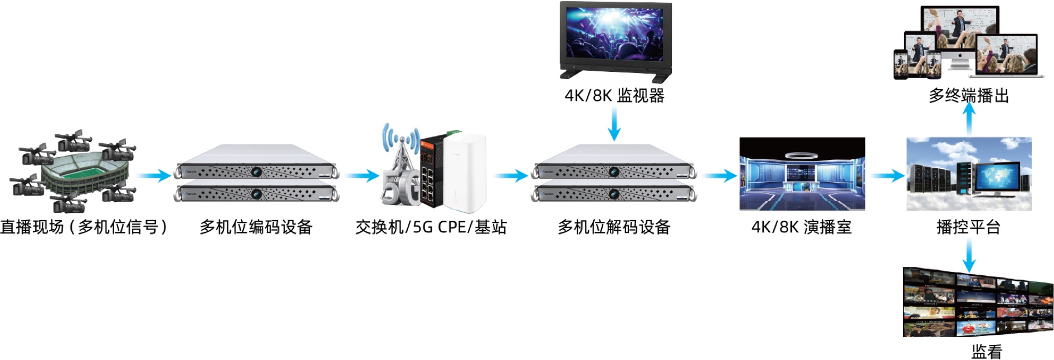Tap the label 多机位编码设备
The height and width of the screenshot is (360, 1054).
[x=256, y=227]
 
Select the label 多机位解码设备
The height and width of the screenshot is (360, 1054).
[x=614, y=227]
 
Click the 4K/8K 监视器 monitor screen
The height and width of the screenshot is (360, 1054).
[x=615, y=35]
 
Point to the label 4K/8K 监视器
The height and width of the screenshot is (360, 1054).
[x=614, y=95]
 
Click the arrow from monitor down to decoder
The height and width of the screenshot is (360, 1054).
[x=614, y=124]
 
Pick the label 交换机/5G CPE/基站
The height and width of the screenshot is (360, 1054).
[x=431, y=227]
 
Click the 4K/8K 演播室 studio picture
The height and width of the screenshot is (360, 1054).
[x=802, y=173]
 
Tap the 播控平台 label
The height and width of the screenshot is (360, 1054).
[x=968, y=227]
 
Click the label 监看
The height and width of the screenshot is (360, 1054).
[x=987, y=351]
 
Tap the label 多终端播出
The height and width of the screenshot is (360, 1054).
[x=968, y=95]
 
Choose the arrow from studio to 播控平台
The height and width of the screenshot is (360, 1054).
[x=887, y=176]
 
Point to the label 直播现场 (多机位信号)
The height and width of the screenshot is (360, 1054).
[x=84, y=227]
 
